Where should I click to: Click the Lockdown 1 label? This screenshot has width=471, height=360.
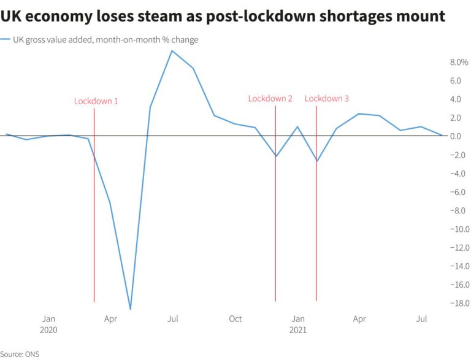pos(96,101)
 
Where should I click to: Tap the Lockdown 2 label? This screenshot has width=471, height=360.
pos(270,99)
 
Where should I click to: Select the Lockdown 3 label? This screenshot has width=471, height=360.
pos(327,99)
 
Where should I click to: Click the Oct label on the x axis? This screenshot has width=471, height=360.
pos(235,319)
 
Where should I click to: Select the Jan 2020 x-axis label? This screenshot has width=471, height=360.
pos(49,324)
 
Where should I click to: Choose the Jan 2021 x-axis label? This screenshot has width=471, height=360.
pos(298,324)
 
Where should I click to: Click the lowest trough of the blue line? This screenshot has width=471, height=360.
pos(130,309)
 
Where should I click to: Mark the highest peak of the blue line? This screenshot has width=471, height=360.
pos(172,50)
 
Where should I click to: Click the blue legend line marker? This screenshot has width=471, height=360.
pos(6,40)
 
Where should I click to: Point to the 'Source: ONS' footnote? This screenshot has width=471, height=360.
pos(20,354)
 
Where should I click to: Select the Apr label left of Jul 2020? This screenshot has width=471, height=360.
pos(110,319)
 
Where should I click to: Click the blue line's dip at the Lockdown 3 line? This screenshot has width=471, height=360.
pos(317,161)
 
